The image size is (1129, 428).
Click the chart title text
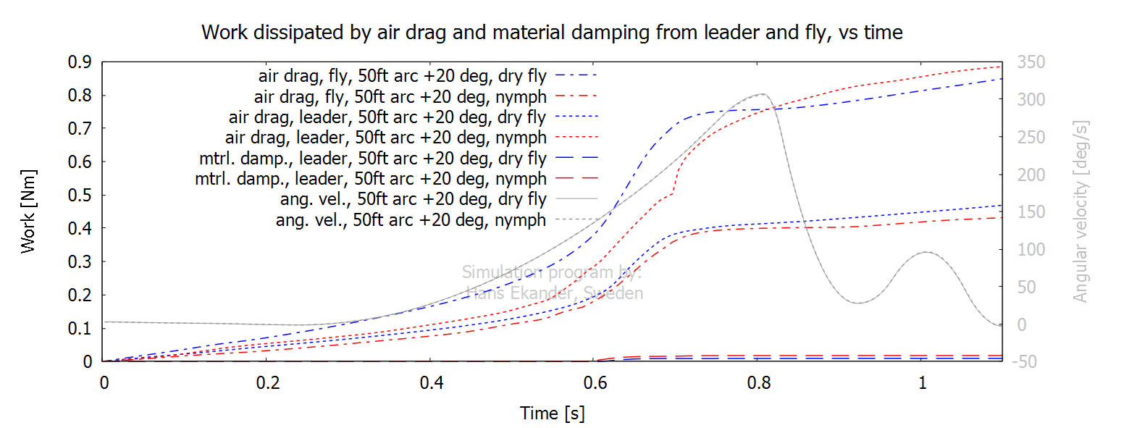pyautogui.click(x=552, y=33)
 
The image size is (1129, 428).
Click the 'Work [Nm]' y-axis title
pyautogui.click(x=28, y=211)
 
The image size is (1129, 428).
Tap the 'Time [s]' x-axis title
pyautogui.click(x=552, y=414)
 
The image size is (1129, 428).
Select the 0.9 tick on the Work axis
pyautogui.click(x=82, y=62)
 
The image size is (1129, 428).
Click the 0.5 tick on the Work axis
pyautogui.click(x=82, y=196)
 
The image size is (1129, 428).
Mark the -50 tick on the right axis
pyautogui.click(x=1027, y=361)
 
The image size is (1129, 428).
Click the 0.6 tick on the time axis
pyautogui.click(x=595, y=382)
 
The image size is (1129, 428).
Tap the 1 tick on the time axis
pyautogui.click(x=922, y=382)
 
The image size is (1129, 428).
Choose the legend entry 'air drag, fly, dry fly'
pyautogui.click(x=406, y=75)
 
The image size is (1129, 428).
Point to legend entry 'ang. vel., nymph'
pyautogui.click(x=411, y=220)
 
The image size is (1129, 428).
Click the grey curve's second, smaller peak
pyautogui.click(x=925, y=252)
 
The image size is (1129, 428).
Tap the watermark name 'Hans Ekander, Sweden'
pyautogui.click(x=554, y=293)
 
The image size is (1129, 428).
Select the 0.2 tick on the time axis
pyautogui.click(x=267, y=382)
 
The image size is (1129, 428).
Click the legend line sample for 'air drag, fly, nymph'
pyautogui.click(x=576, y=96)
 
